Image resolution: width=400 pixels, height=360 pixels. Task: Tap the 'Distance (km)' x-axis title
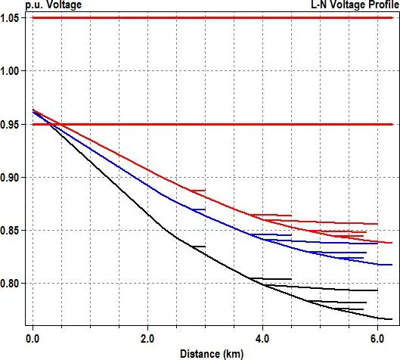point(212,353)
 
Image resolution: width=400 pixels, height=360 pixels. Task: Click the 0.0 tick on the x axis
point(33,339)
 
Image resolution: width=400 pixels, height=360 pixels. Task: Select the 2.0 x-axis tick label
point(147,339)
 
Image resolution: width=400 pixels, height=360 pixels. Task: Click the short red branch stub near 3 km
point(197,191)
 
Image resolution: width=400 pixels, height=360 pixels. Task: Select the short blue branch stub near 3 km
point(198,209)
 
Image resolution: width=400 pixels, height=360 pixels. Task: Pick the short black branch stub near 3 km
point(198,247)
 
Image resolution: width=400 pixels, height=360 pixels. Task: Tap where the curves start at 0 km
point(33,111)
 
